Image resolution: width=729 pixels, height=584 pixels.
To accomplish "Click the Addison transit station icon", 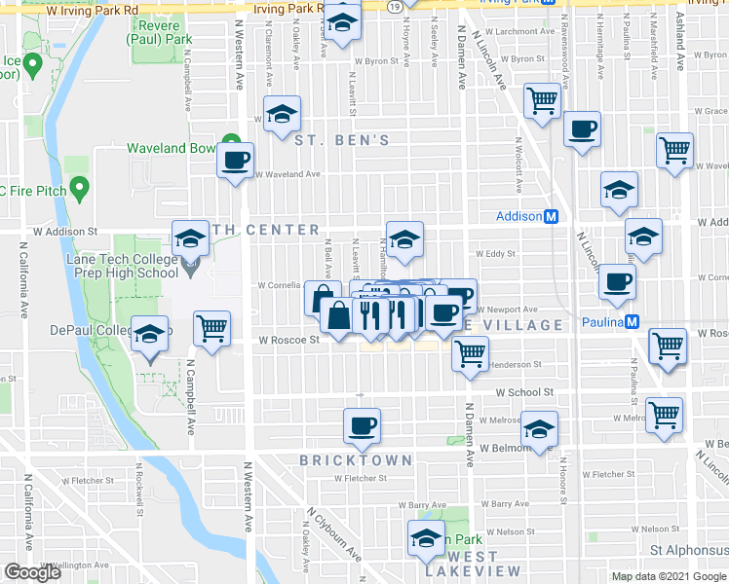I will (551, 216).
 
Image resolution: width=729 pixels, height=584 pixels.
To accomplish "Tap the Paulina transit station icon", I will (633, 322).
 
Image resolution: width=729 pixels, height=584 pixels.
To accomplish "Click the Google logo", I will (32, 572).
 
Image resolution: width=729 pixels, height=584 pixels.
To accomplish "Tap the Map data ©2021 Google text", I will (670, 577).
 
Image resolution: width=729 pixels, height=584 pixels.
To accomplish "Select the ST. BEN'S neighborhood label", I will (342, 141).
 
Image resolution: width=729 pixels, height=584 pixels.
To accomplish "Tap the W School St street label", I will (524, 392).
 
